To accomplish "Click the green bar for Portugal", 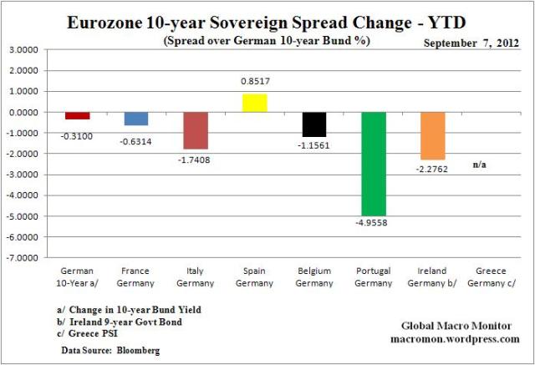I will coord(374,164).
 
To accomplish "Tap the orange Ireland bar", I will coord(433,135).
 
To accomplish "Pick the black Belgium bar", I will coord(314,124).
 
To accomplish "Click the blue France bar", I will coord(136,119).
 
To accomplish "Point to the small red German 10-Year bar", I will coord(77,115).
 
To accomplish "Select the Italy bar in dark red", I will coord(196,130).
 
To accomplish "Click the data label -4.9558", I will coord(374,223).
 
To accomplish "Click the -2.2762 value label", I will coord(433,167).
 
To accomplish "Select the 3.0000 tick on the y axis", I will coord(25,50).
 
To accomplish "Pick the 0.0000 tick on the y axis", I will coord(25,112).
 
